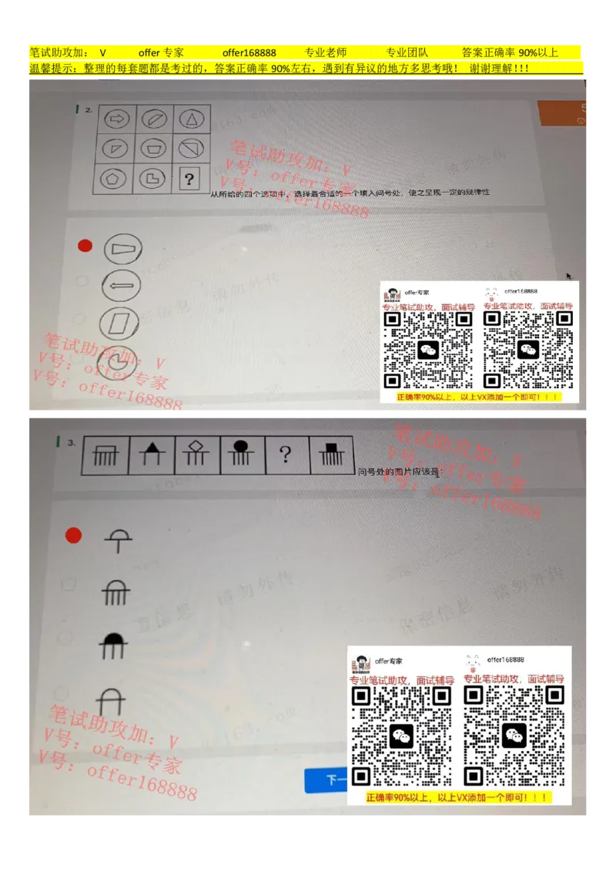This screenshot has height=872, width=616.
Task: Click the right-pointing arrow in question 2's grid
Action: coord(117,119)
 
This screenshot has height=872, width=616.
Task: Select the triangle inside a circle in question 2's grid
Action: coord(189,119)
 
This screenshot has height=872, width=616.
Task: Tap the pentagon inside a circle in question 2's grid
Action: coord(115,179)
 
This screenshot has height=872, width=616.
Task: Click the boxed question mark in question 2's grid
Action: coord(189,179)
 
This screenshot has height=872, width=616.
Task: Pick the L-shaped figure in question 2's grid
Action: coord(152,179)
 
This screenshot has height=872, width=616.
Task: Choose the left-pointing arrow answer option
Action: coord(122,285)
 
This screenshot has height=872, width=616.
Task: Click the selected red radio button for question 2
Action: coord(85,246)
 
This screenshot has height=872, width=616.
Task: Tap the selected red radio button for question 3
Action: coord(73,535)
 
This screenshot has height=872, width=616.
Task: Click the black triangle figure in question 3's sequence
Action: coord(152,454)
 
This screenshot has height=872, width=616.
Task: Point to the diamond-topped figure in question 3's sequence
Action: coord(197,454)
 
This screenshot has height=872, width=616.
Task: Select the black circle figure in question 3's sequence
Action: coord(242,454)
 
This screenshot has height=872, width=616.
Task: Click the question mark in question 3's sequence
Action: coord(286,454)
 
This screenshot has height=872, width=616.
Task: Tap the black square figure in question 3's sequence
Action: coord(331,454)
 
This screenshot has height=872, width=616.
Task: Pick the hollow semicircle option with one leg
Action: coord(118,540)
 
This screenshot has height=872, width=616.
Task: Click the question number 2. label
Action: coord(89,110)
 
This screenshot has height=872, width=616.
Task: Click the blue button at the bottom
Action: coord(326,780)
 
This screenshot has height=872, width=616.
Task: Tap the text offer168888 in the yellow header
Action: coord(249,52)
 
